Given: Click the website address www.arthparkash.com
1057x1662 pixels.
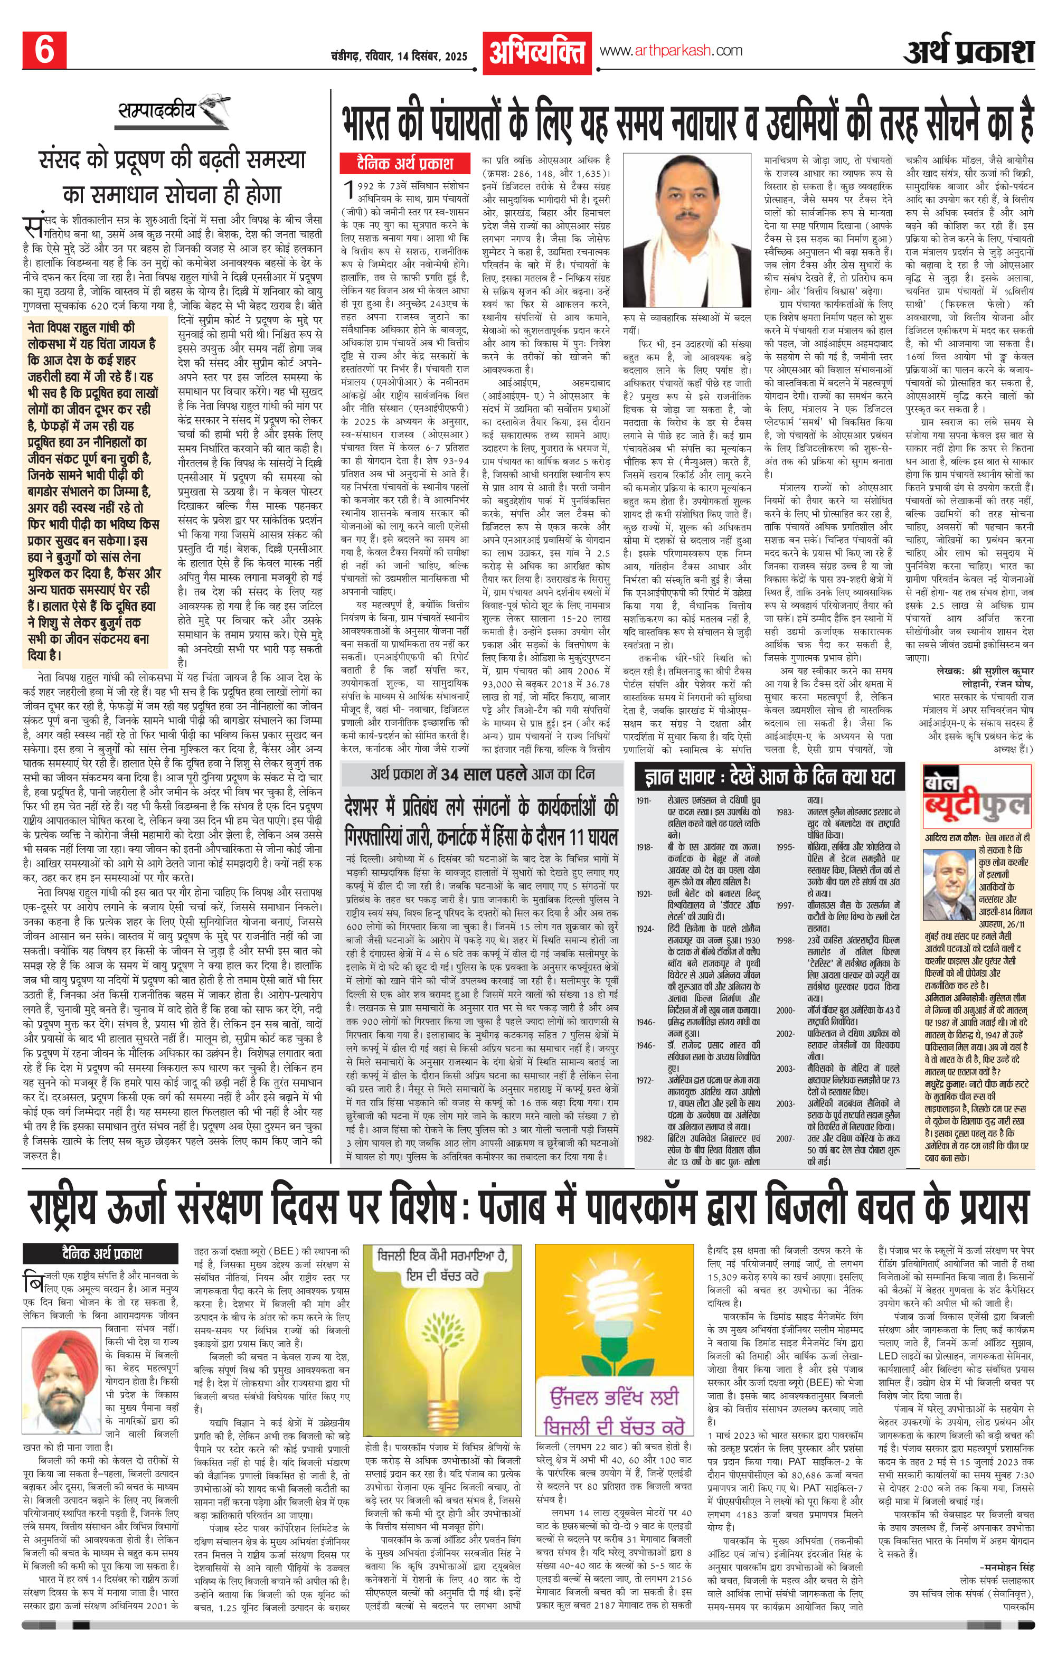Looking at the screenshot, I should tap(671, 50).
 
